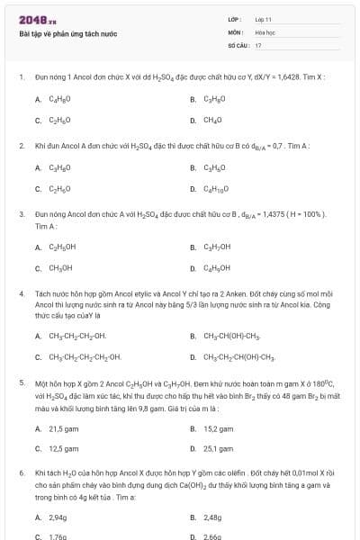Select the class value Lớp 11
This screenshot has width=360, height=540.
264,18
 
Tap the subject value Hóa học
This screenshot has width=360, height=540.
265,31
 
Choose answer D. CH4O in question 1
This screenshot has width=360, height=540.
211,119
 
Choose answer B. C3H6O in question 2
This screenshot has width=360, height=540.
213,166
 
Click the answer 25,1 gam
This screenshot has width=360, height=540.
218,448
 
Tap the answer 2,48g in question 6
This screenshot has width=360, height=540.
212,517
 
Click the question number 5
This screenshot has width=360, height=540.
21,382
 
